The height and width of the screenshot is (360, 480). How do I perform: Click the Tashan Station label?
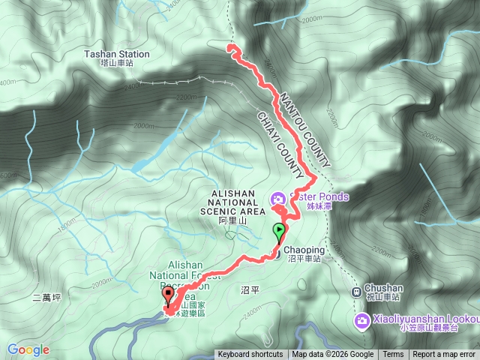coord(116,55)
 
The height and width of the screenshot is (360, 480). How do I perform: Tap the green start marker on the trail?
coord(279,231)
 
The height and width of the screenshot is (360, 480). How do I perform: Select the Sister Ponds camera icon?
coord(277,199)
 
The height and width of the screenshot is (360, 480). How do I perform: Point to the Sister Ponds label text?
coord(319,197)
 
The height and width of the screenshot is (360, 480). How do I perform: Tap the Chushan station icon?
coord(356,291)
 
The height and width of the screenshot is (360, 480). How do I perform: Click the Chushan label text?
coord(384,287)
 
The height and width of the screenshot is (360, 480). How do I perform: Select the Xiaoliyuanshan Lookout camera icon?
coord(362,321)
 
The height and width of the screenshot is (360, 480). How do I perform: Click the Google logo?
coord(28,349)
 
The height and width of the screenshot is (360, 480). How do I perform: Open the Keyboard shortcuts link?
coord(250,355)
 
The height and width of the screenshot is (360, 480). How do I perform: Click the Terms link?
coord(393,355)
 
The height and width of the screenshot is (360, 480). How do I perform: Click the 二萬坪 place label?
coord(46,298)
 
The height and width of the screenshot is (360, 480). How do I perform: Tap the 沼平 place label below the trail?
coord(250,289)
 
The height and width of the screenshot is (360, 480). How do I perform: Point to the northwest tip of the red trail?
coord(229,48)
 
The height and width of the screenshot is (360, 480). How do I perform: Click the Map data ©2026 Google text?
coord(332,355)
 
